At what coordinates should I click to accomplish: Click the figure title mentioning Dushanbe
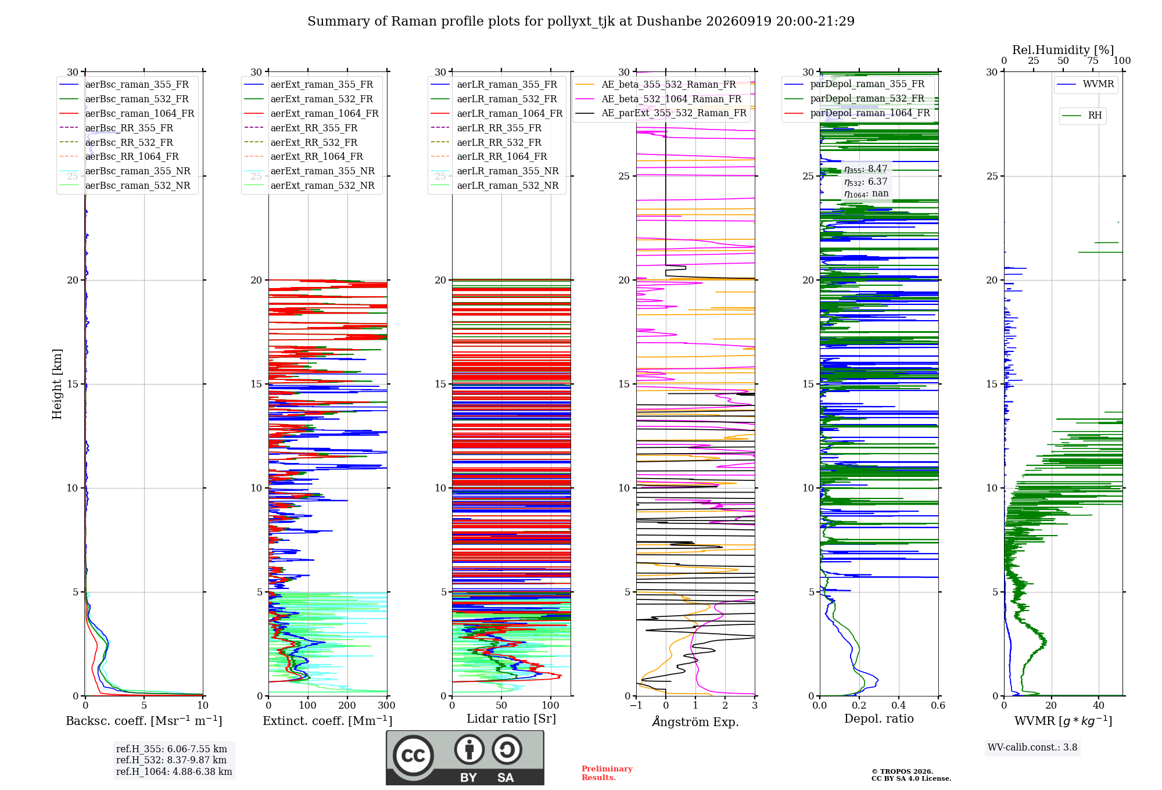coord(581,21)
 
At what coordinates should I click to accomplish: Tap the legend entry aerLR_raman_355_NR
coord(494,171)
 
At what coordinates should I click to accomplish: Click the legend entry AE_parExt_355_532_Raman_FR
coord(661,113)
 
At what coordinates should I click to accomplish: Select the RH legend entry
coord(1082,116)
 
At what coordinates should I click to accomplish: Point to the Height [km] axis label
coord(57,384)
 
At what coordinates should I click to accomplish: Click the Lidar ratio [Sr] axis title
coord(511,719)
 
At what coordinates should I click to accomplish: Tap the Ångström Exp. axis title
coord(695,721)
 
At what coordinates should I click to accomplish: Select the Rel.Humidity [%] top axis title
coord(1063,50)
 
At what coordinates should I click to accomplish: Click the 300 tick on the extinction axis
coord(387,705)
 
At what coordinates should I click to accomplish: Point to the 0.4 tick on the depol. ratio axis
coord(899,705)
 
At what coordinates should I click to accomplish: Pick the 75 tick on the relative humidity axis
coord(1093,60)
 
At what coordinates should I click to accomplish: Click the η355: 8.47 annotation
coord(866,169)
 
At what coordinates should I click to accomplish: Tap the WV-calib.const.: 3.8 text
coord(1032,748)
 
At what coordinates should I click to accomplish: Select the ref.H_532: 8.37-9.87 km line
coord(171,760)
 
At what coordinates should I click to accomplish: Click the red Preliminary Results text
coord(607,773)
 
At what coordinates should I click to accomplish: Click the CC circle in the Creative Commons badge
coord(413,755)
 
